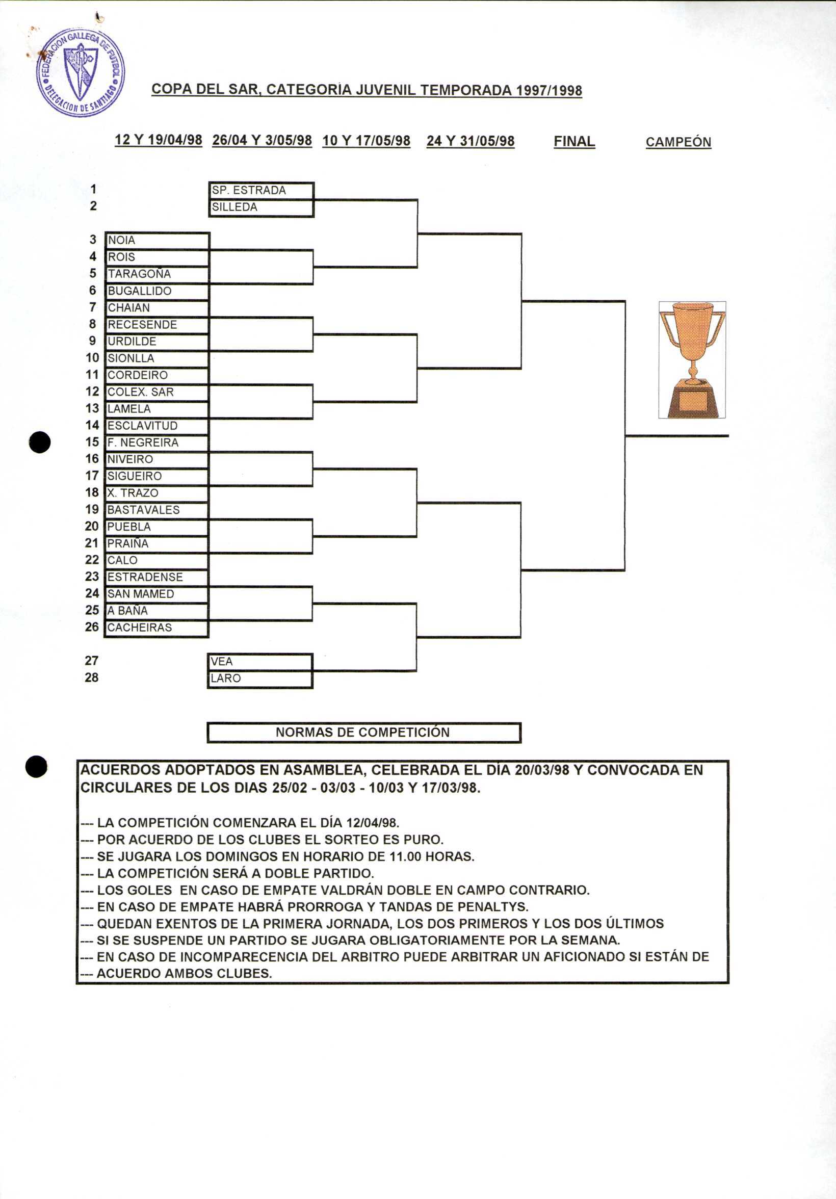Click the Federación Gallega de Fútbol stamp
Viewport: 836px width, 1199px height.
pos(81,71)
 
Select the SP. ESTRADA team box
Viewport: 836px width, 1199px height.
pos(261,191)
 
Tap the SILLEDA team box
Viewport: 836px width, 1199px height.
pos(261,208)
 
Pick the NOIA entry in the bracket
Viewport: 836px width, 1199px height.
pos(156,241)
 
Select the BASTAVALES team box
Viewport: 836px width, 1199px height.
pos(156,510)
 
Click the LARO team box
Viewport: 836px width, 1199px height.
pos(260,679)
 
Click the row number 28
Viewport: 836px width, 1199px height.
pos(91,678)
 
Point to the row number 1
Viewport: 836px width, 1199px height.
pos(93,189)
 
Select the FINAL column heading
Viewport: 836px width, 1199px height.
pos(574,142)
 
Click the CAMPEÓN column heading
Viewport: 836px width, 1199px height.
pos(678,142)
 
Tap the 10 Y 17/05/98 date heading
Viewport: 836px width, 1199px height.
pos(366,141)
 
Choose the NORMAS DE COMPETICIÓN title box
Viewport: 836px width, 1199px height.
pos(363,733)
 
